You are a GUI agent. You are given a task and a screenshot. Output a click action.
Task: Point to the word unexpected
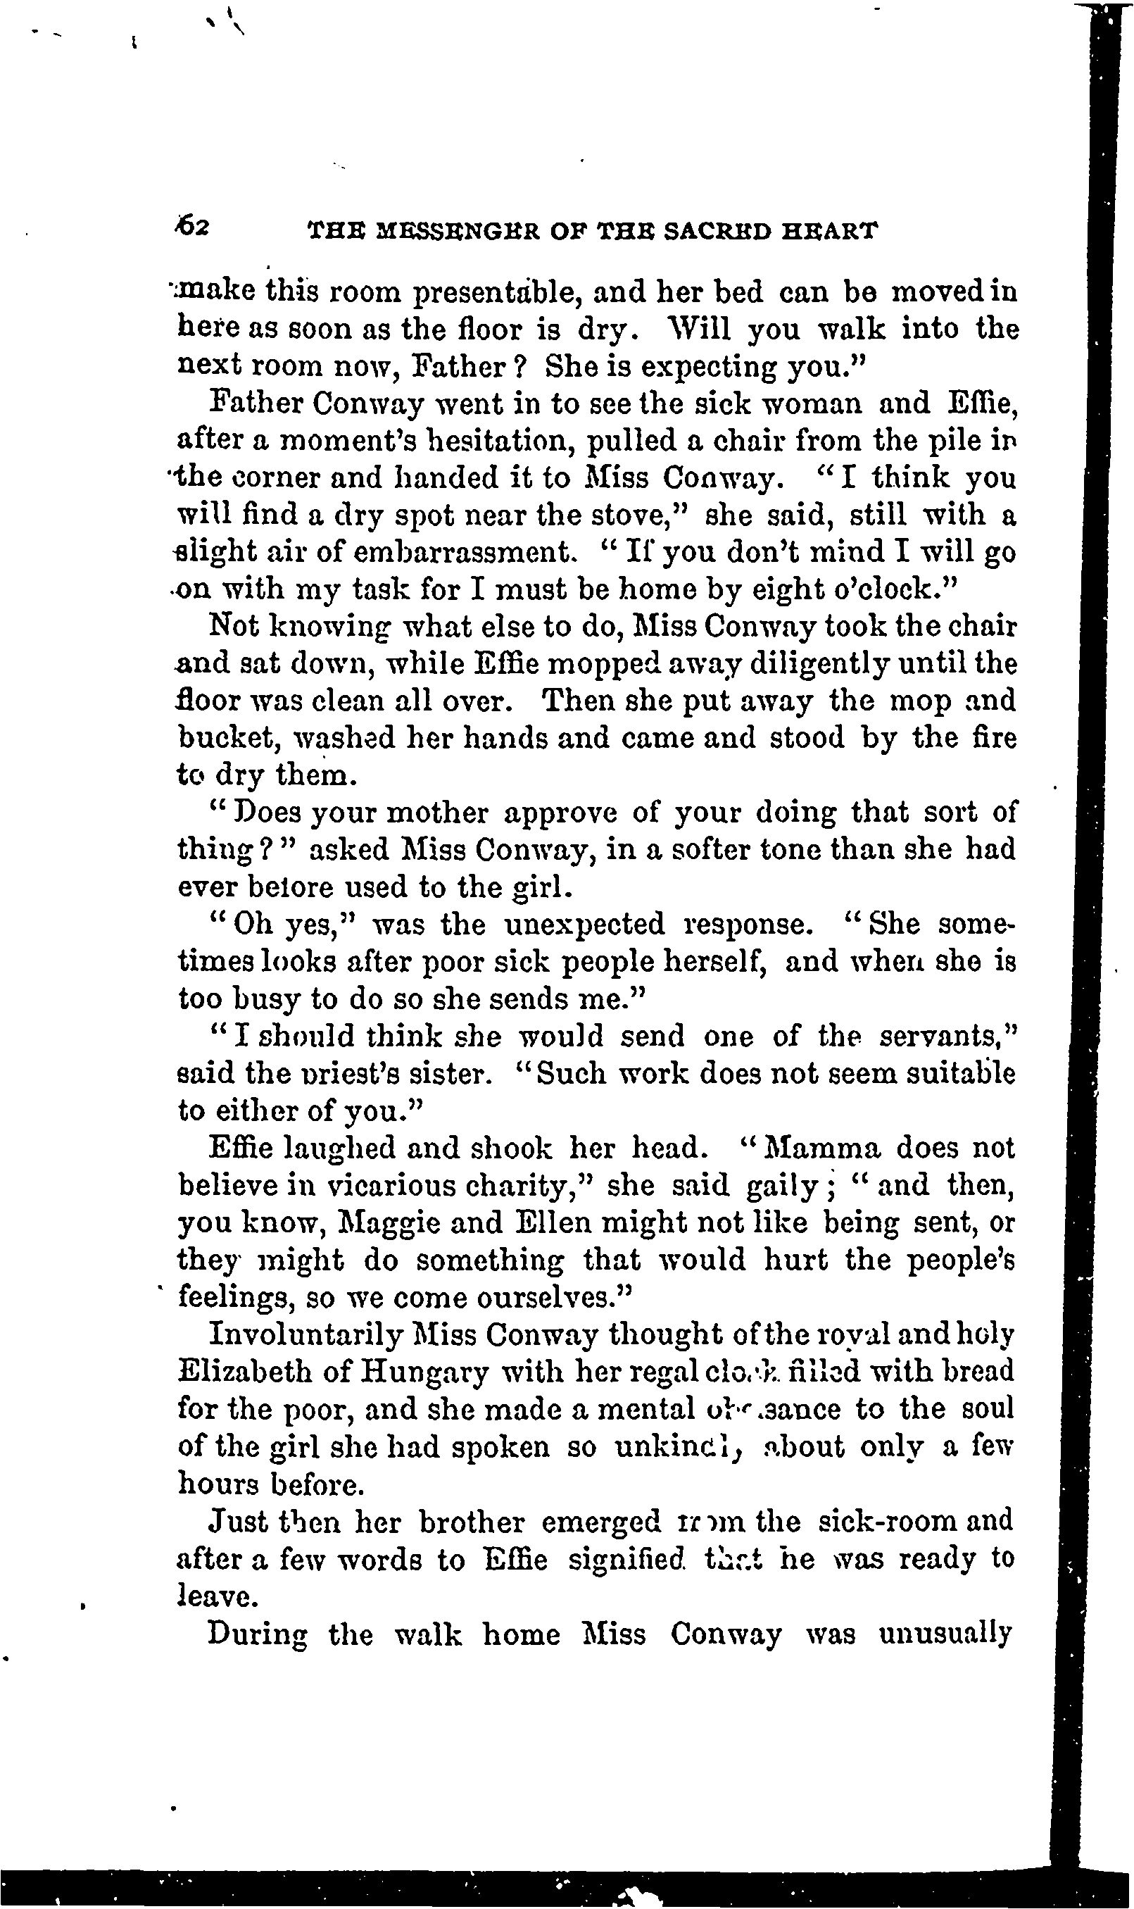(x=584, y=925)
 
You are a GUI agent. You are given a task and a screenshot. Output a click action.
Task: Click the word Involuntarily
(x=305, y=1335)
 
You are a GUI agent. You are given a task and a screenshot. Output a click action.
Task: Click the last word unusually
(x=945, y=1634)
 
